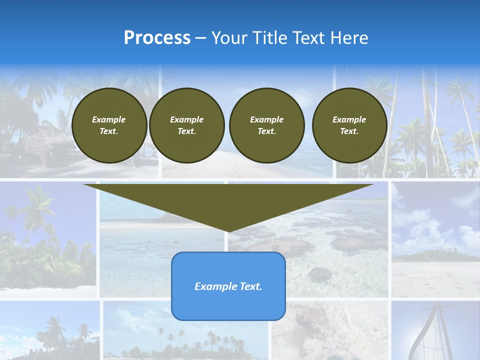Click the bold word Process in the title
[157, 38]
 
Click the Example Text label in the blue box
[228, 286]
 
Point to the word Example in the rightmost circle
[349, 119]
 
